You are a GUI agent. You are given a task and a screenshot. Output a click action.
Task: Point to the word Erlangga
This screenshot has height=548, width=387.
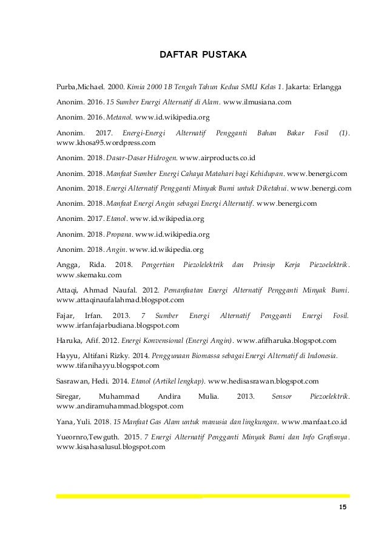[323, 87]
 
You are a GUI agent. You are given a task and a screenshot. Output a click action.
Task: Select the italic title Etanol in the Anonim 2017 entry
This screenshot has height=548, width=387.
[115, 218]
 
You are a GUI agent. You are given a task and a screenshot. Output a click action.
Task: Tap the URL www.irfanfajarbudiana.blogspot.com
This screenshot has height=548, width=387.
[113, 325]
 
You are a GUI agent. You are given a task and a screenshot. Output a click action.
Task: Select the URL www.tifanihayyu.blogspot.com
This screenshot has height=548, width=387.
[107, 366]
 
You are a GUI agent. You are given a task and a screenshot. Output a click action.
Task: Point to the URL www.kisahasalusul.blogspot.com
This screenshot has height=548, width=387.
[110, 447]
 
